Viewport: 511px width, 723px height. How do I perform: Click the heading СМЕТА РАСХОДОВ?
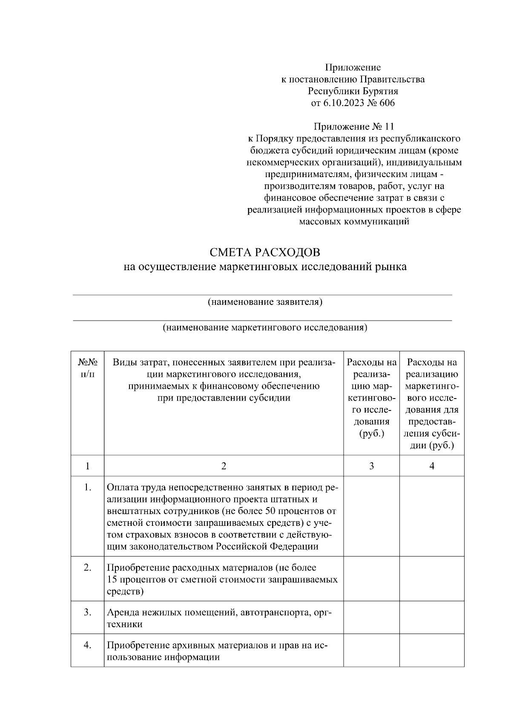265,252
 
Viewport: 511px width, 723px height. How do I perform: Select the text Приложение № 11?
354,126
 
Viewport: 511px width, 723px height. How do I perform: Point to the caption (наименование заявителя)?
264,302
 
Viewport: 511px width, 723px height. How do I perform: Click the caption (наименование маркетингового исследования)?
264,327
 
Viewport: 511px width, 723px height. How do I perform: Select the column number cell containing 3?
371,466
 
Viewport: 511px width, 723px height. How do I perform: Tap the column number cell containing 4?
432,466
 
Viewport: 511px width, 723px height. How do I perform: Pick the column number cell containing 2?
224,466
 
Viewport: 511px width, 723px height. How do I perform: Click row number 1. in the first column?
87,487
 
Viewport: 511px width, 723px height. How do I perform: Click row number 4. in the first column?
87,645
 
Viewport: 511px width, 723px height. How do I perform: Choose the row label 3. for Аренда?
87,612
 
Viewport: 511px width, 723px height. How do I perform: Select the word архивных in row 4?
197,646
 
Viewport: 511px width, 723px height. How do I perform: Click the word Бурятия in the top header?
380,91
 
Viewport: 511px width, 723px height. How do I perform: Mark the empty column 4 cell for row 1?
432,516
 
